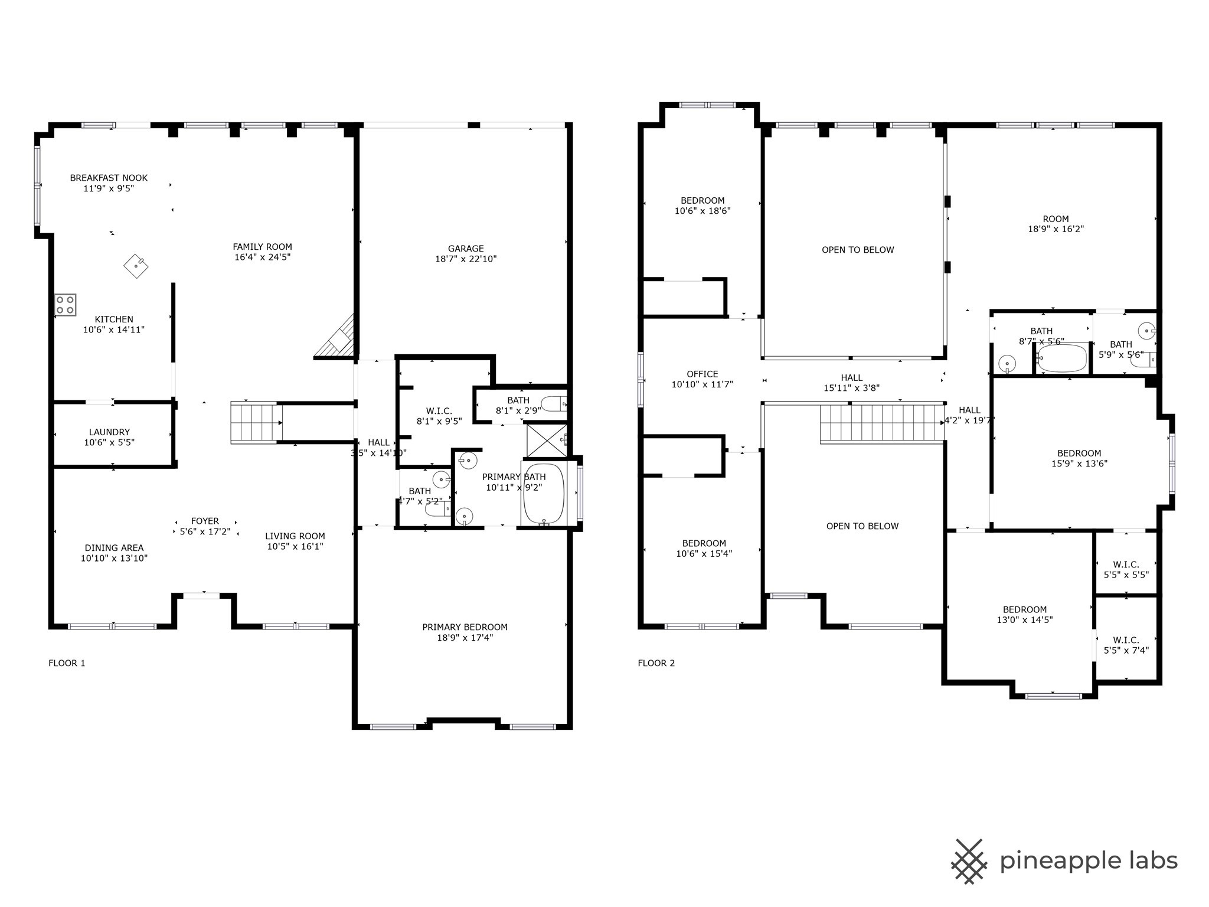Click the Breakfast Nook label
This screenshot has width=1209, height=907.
(x=109, y=178)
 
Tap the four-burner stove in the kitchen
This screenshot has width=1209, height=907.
(x=66, y=305)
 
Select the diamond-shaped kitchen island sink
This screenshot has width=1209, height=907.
(x=136, y=266)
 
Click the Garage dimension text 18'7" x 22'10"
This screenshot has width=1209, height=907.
(x=466, y=259)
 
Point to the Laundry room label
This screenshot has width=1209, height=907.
(x=109, y=432)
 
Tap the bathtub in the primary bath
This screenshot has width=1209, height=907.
(x=544, y=494)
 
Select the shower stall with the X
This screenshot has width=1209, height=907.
(x=546, y=440)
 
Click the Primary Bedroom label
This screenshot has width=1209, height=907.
(x=465, y=627)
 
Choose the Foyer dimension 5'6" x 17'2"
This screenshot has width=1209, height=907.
(x=205, y=531)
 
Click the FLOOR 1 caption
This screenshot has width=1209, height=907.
(x=67, y=663)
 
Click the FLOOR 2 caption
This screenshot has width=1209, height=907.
(x=656, y=663)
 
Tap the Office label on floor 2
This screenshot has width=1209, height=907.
(x=702, y=374)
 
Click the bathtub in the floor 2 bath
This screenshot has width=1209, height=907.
(x=1062, y=358)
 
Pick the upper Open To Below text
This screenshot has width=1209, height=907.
(x=858, y=250)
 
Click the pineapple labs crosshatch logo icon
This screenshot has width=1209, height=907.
(x=969, y=861)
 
